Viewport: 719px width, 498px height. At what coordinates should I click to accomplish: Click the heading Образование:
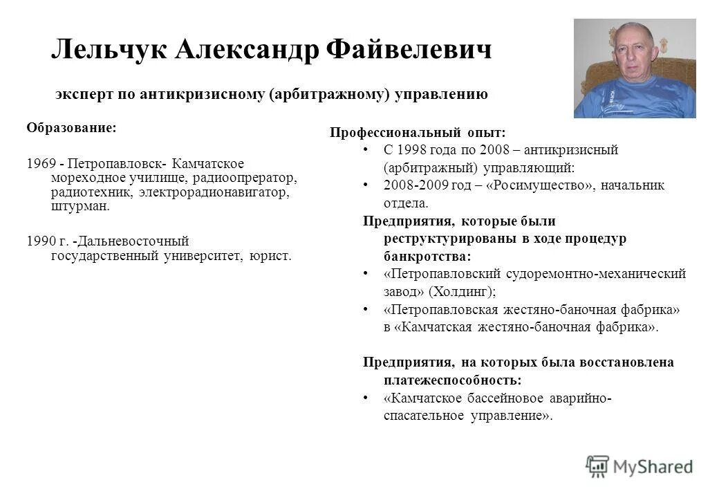pyautogui.click(x=71, y=128)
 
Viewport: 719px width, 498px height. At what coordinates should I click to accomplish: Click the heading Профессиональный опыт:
pyautogui.click(x=418, y=132)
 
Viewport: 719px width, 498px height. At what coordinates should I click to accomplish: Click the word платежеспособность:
pyautogui.click(x=452, y=380)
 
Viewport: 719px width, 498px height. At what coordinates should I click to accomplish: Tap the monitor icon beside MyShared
pyautogui.click(x=597, y=467)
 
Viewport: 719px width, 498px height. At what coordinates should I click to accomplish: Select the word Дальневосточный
pyautogui.click(x=133, y=241)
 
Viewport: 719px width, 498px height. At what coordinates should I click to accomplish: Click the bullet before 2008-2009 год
pyautogui.click(x=365, y=185)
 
